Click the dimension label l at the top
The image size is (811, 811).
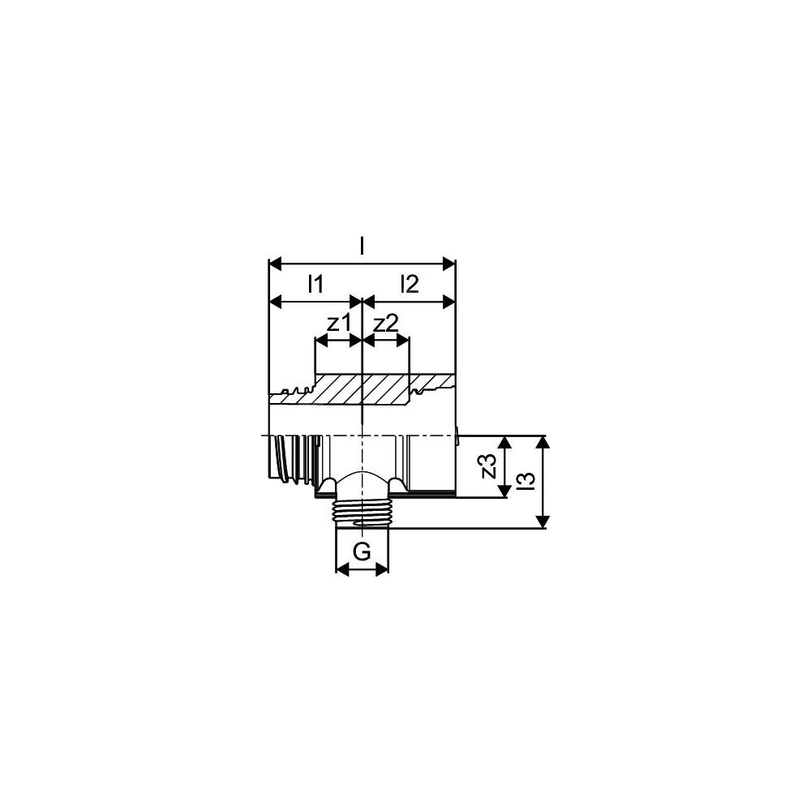point(362,247)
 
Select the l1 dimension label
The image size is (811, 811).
point(315,284)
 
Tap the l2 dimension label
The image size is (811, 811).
point(409,284)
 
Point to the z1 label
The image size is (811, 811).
point(339,324)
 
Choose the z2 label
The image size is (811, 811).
point(386,324)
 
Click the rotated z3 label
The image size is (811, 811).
point(489,466)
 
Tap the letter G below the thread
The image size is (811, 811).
point(362,552)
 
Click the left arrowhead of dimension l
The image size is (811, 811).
point(275,264)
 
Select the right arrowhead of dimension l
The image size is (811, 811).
point(449,264)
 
